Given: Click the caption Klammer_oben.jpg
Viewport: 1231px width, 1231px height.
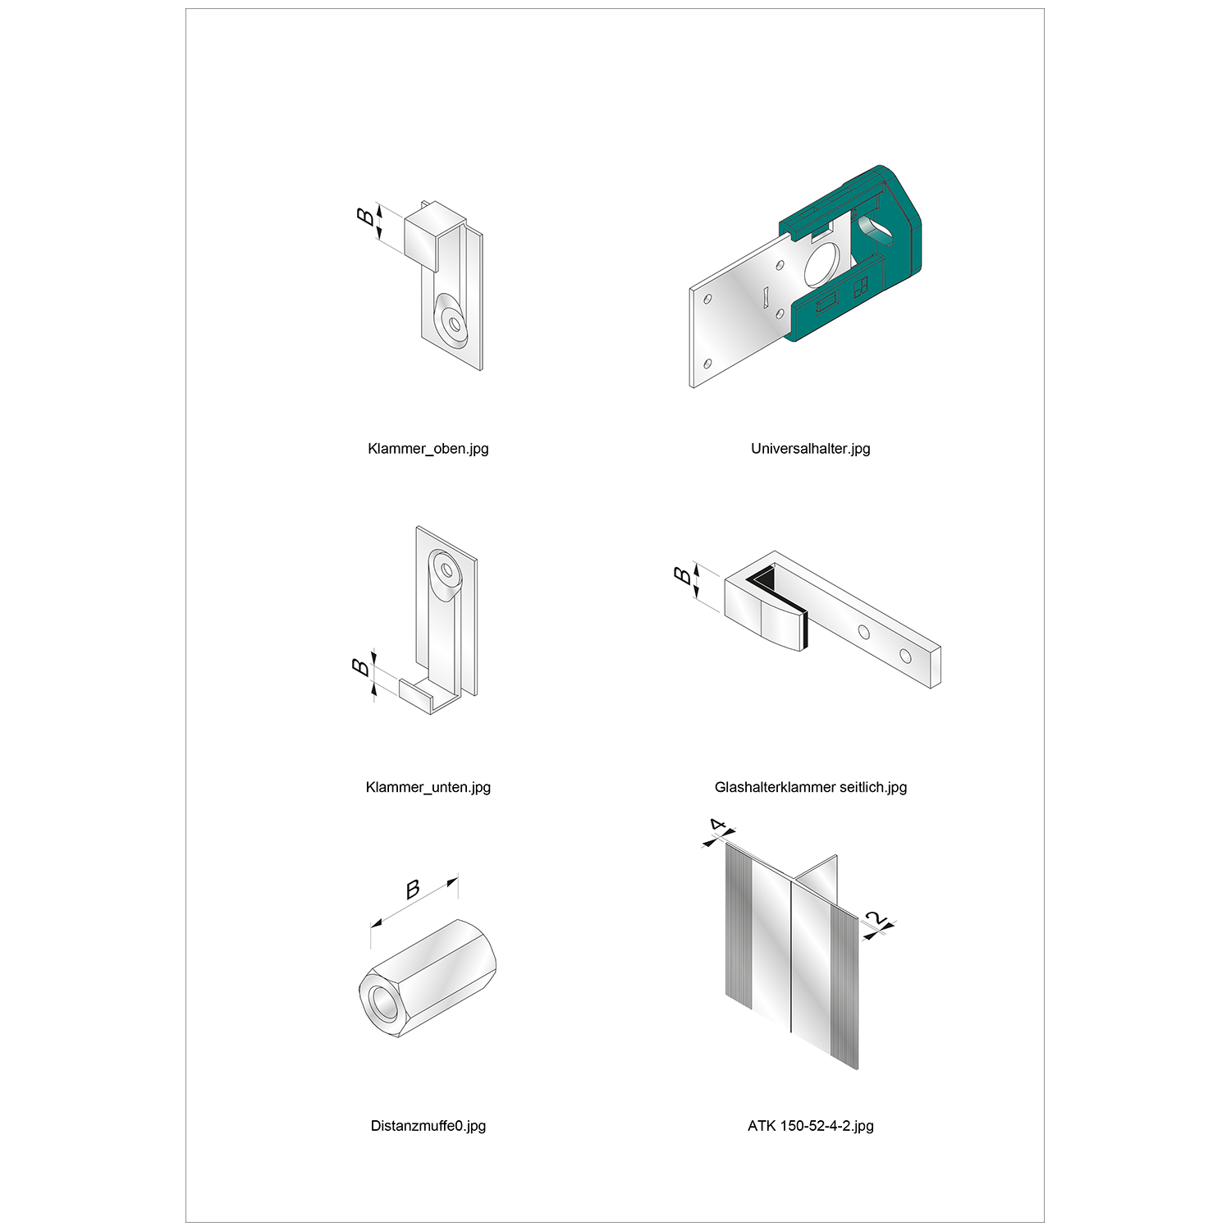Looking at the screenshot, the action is [x=428, y=449].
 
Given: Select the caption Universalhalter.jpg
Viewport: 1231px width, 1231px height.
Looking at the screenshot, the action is [x=810, y=449].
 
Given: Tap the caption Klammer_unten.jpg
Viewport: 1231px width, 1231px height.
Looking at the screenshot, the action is [x=428, y=787].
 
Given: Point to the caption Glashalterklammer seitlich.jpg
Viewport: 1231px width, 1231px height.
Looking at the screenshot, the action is [x=811, y=787].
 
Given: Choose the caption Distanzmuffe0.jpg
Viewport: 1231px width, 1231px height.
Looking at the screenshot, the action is [x=428, y=1126].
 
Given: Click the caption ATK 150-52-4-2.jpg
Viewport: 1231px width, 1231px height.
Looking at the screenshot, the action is [x=810, y=1126].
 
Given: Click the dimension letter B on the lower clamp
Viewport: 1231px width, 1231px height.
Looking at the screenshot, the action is [x=361, y=667].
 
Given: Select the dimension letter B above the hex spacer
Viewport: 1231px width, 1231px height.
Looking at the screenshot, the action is [x=413, y=889].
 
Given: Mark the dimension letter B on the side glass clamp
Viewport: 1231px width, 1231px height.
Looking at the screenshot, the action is [x=683, y=575].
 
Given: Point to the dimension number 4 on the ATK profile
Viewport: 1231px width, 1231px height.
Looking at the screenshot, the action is [x=718, y=825].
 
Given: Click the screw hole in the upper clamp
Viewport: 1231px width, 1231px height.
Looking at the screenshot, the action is [x=454, y=323].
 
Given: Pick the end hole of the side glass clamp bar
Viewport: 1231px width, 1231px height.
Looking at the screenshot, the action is [x=904, y=657].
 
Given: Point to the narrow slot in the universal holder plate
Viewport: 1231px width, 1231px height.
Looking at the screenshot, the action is [x=764, y=296].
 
